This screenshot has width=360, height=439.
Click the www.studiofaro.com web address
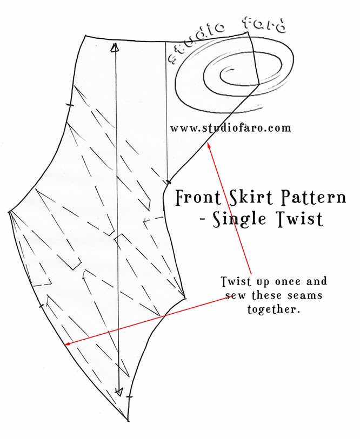(231, 129)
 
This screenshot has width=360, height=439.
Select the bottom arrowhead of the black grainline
(119, 391)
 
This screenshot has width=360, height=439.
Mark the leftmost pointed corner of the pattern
(8, 212)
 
